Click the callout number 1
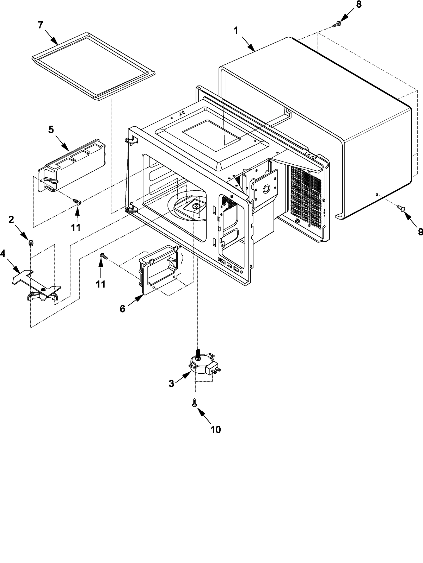click(236, 31)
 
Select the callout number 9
click(420, 232)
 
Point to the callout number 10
click(216, 429)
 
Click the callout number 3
click(172, 384)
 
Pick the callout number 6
click(122, 309)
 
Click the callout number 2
click(11, 220)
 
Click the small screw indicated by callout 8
click(337, 24)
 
